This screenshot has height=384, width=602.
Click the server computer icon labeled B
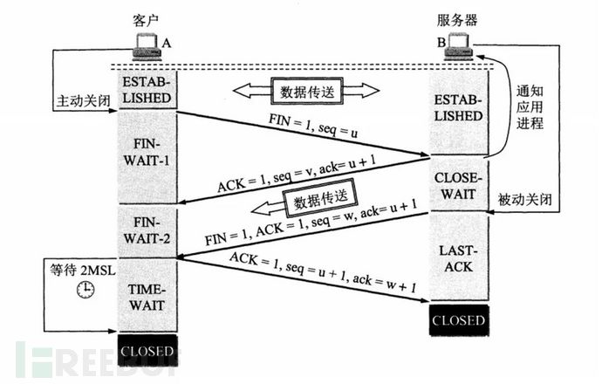click(459, 45)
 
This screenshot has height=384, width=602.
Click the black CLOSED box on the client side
click(147, 353)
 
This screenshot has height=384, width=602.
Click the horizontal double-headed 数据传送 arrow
click(304, 89)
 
